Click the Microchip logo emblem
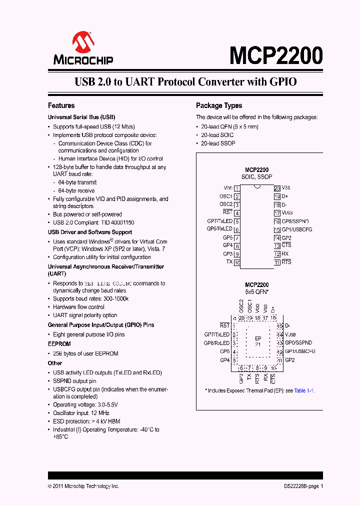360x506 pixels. (x=83, y=42)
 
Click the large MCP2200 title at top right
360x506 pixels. (x=276, y=55)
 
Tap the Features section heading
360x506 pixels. (x=61, y=105)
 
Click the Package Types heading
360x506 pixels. (x=218, y=105)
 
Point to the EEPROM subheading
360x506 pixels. (x=59, y=344)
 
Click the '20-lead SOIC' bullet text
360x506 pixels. (x=217, y=135)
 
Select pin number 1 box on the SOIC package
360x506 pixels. (x=236, y=188)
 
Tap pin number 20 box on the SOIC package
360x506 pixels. (x=276, y=188)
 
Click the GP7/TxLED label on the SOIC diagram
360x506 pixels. (x=219, y=221)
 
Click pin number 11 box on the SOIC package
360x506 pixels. (x=276, y=262)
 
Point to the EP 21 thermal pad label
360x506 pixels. (x=258, y=341)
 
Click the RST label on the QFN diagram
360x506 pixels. (x=224, y=325)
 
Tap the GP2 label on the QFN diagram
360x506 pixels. (x=290, y=360)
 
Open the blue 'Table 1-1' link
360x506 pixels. (x=303, y=391)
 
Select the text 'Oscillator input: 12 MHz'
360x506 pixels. (x=81, y=413)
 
